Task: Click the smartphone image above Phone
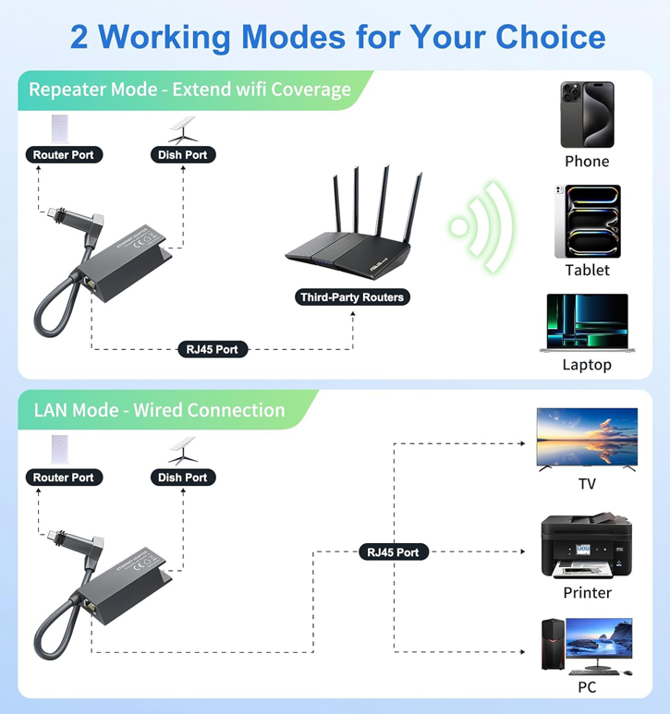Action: click(587, 115)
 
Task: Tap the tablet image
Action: click(587, 222)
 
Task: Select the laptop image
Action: click(587, 322)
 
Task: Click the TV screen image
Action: click(587, 438)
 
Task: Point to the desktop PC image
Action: click(587, 645)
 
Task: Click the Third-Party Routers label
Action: click(353, 297)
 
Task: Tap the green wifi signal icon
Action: click(481, 226)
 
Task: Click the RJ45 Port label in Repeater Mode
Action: click(213, 349)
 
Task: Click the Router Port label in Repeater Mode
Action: click(63, 155)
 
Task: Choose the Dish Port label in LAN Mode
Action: click(183, 478)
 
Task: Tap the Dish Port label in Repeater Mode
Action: click(183, 155)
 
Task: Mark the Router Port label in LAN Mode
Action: click(63, 478)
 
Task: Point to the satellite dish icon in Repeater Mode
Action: click(182, 127)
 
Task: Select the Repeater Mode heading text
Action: click(189, 90)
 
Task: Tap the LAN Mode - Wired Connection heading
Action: click(159, 410)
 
